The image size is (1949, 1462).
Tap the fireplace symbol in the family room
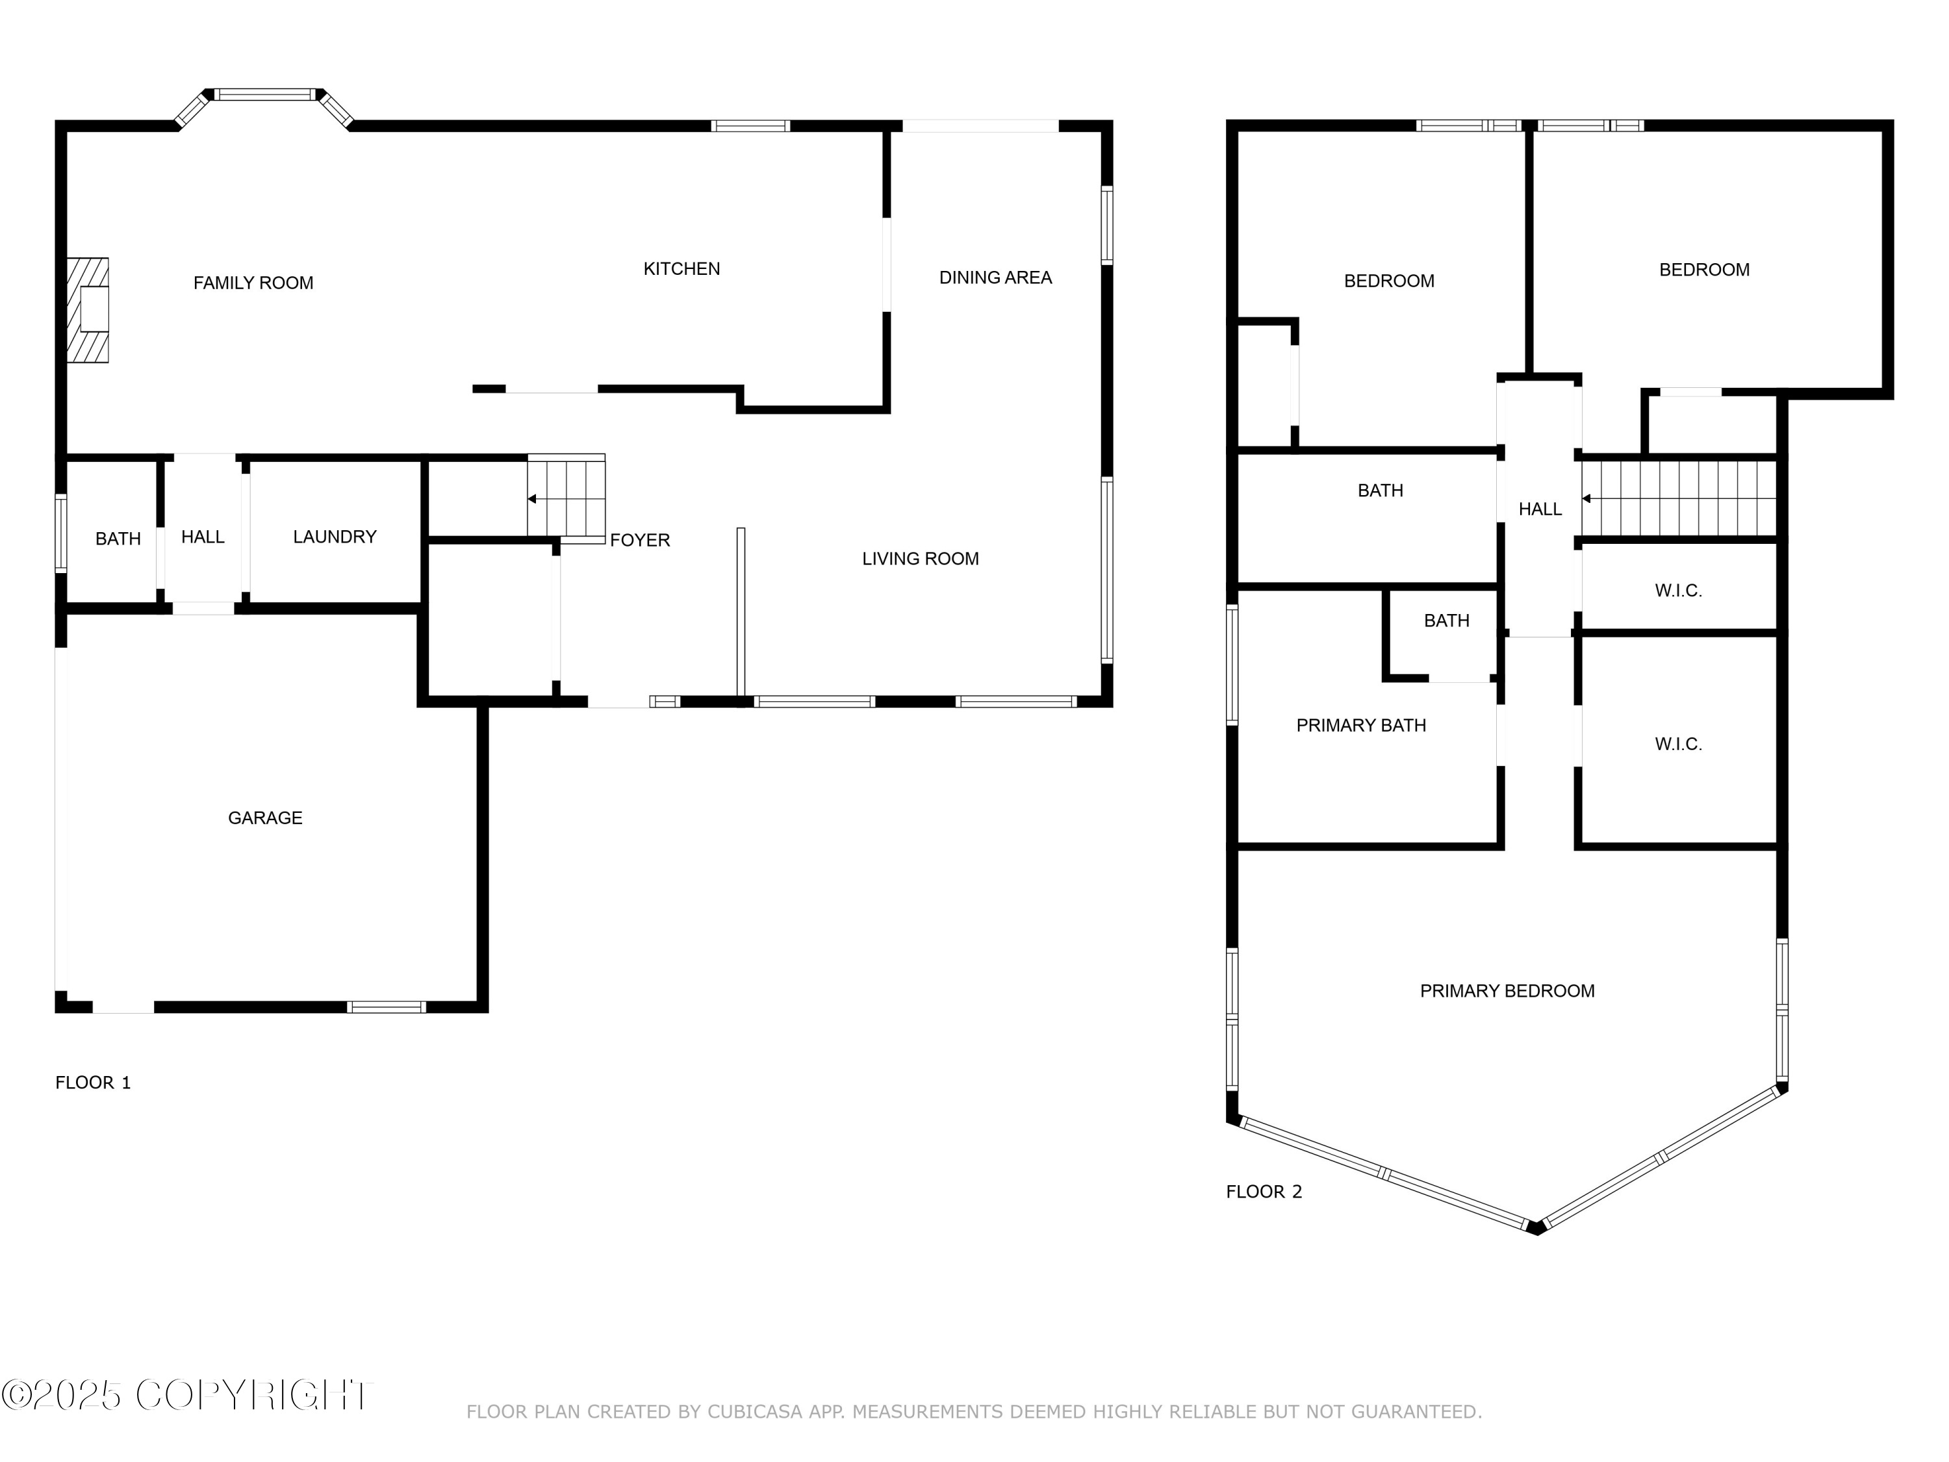point(87,310)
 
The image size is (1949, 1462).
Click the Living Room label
point(920,559)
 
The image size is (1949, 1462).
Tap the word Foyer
point(640,540)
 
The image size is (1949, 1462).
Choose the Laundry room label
point(335,537)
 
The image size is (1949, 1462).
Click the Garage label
point(265,818)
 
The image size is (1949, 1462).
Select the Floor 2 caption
point(1264,1192)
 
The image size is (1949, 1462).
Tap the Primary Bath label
point(1360,725)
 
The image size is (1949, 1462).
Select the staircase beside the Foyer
point(567,498)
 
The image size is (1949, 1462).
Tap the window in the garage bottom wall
point(386,1007)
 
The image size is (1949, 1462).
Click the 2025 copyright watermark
point(187,1395)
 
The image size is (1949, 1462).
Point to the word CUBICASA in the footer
point(755,1412)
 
